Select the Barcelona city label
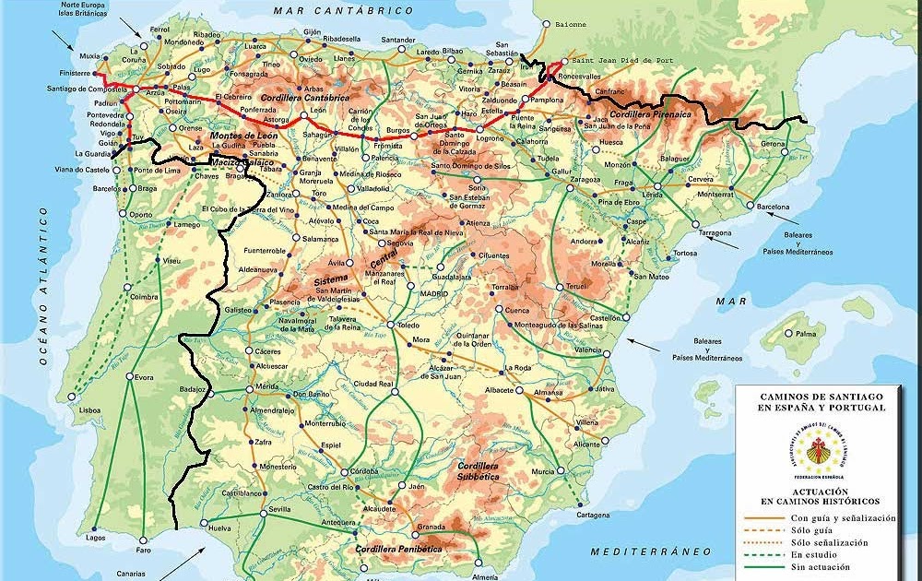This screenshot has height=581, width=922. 774,207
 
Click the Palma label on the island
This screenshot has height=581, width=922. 806,333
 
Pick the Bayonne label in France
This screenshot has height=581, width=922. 571,24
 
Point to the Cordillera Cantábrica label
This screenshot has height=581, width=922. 305,97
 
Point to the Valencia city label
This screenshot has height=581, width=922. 587,350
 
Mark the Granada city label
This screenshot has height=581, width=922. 431,528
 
